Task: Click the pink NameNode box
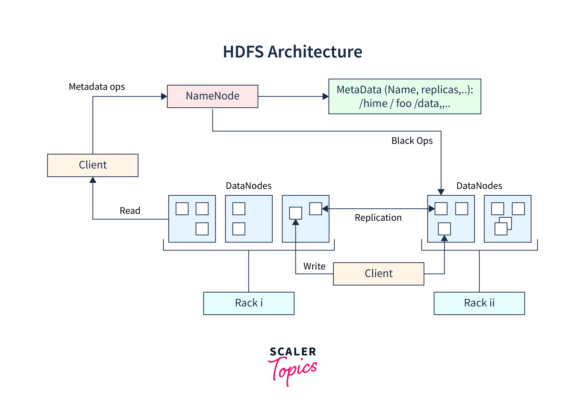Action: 213,96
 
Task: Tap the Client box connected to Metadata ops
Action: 93,165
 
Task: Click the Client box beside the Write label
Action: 378,273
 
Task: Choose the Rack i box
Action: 249,303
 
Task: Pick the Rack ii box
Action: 479,303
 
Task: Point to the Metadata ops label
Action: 97,87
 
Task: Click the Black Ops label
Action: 412,141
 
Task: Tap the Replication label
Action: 378,217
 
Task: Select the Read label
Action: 130,210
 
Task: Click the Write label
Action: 314,266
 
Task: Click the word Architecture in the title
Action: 315,52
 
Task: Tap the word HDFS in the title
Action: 243,52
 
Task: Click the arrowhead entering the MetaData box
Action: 325,97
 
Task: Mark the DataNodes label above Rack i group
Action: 249,186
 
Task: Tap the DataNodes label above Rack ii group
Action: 479,186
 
